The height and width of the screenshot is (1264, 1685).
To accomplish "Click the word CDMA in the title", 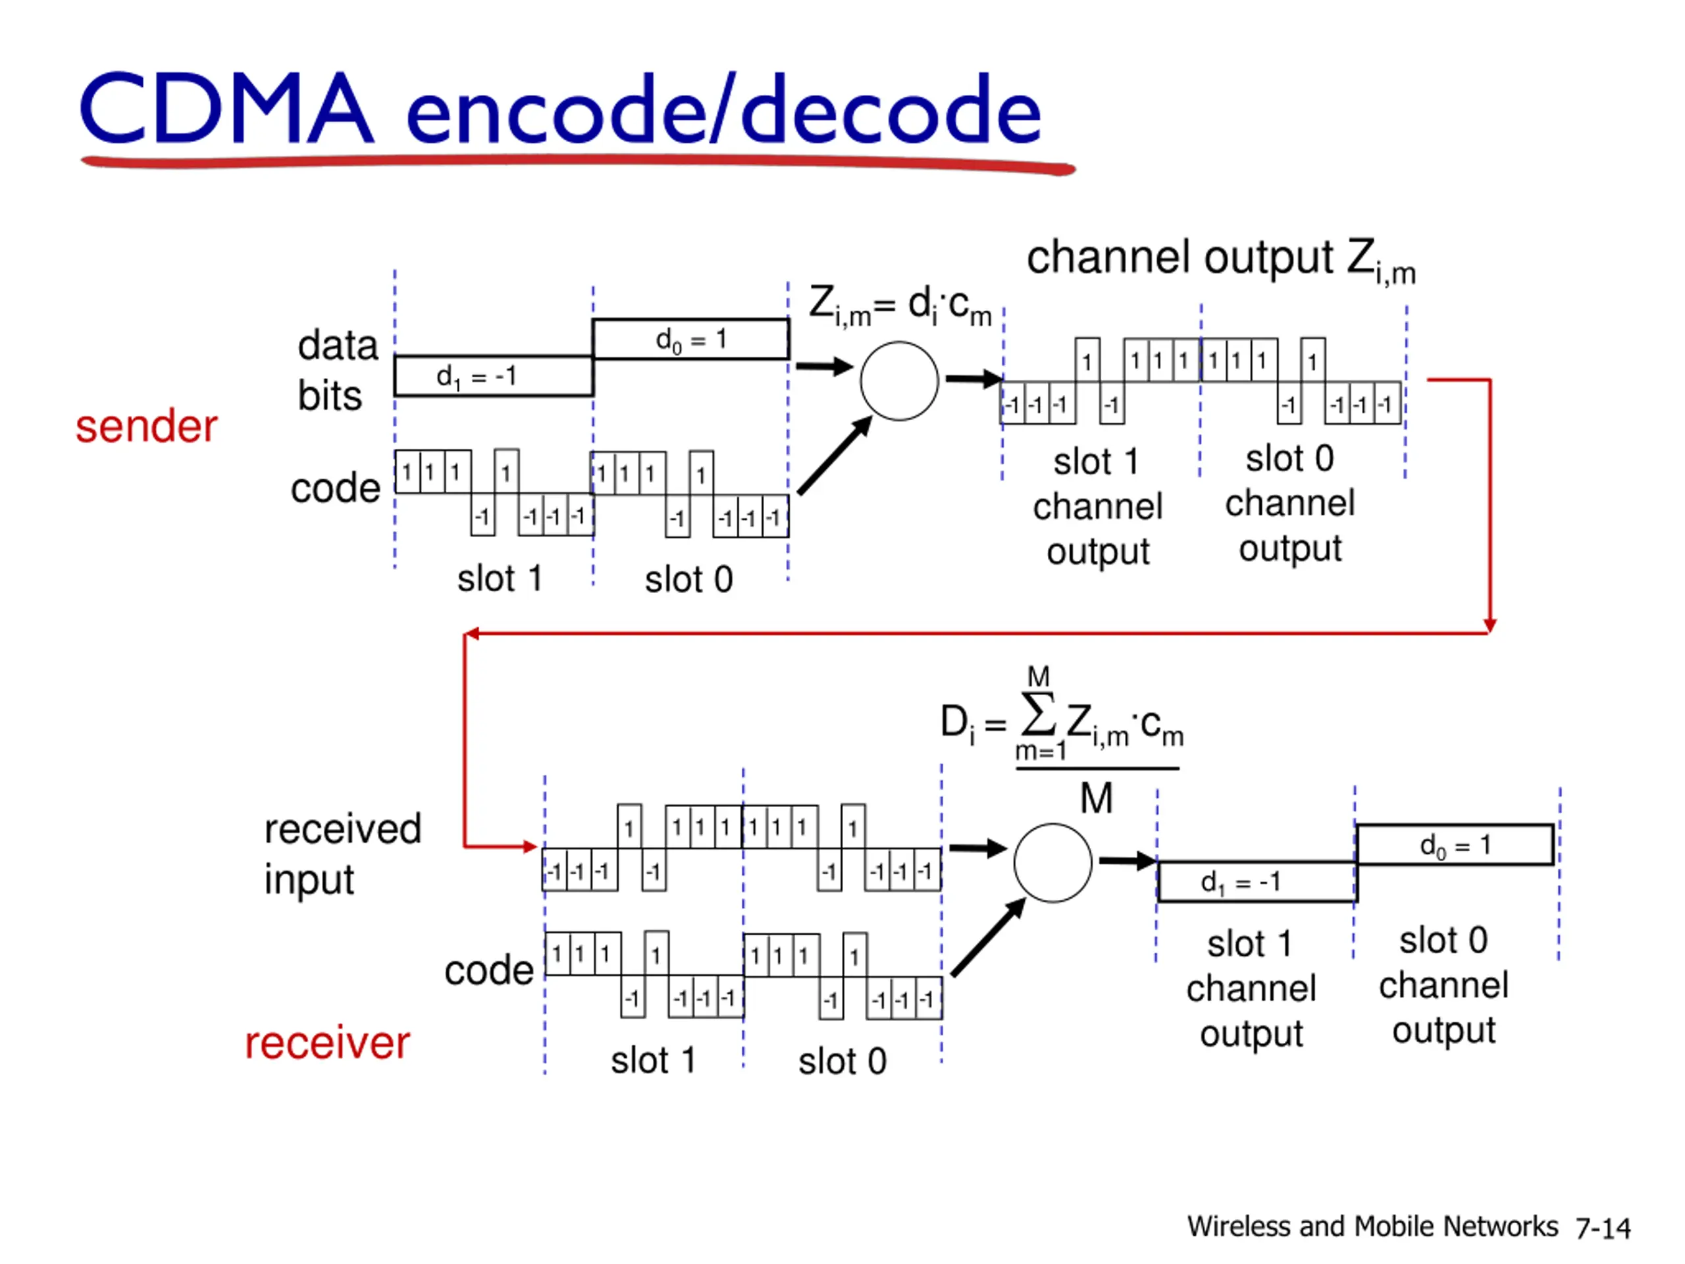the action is coord(226,108).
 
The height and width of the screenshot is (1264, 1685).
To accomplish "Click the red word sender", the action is coord(146,426).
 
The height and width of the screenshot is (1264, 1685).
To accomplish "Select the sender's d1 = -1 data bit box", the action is coord(494,376).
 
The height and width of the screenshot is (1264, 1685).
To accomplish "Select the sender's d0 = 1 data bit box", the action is coord(691,339).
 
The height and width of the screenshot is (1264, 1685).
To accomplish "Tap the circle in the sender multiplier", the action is coord(899,381).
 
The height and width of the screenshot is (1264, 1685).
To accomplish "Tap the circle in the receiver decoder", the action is coord(1052,863).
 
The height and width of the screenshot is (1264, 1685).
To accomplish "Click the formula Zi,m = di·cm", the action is coord(900,305).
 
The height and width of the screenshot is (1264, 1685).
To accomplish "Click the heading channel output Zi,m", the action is coord(1220,260).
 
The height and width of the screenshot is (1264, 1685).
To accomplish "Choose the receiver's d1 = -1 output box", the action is coord(1257,882).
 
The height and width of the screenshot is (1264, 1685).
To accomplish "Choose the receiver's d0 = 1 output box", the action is coord(1455,845).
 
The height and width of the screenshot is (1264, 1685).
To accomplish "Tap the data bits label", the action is coord(338,371).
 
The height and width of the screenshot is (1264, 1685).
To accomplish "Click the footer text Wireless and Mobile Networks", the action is coord(1372,1226).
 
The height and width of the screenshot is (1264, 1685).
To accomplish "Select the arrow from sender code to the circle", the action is coord(835,456).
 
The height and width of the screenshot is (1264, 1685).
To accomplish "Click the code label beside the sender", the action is coord(335,488).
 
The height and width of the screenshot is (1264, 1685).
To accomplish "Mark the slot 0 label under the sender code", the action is coord(688,580).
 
